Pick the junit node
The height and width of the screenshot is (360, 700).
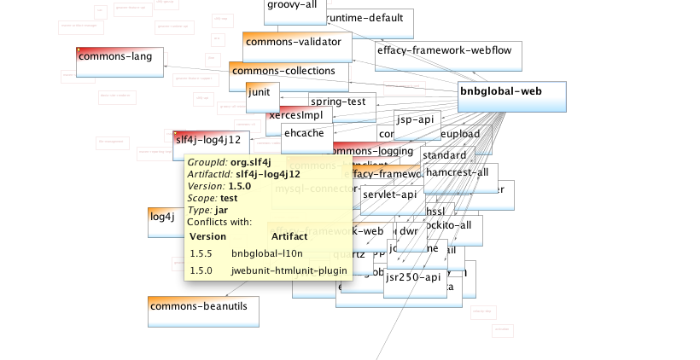(260, 96)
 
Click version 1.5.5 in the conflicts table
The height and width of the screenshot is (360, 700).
(201, 254)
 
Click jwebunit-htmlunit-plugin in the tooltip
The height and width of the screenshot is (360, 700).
(289, 271)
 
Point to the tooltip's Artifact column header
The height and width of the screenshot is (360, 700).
(288, 236)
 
